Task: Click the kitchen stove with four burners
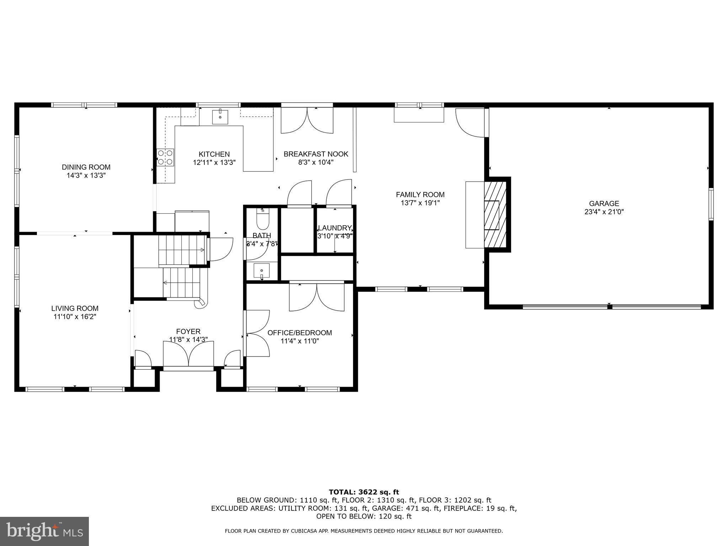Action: point(165,157)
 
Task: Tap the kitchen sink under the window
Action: point(220,117)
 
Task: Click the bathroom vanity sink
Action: point(262,271)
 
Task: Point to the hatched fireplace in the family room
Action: point(495,215)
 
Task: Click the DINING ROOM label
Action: point(86,167)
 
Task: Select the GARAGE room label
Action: point(604,204)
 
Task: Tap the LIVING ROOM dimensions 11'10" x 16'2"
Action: point(75,317)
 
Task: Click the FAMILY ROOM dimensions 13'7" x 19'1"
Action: point(420,203)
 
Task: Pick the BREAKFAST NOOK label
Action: point(316,154)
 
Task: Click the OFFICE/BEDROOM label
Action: point(299,333)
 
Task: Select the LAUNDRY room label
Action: point(334,228)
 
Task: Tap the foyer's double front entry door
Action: point(188,354)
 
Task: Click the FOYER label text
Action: point(188,332)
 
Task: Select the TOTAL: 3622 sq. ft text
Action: point(364,492)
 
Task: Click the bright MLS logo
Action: point(44,531)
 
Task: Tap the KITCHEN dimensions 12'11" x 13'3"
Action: point(214,162)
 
